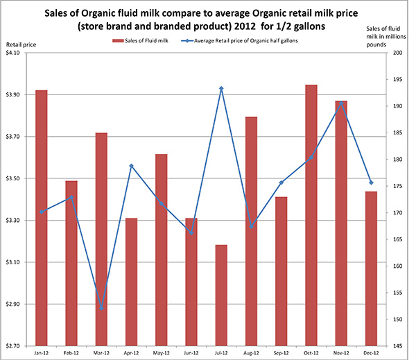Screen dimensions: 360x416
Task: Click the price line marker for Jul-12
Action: [x=221, y=89]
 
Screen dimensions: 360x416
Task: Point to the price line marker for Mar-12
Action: [x=102, y=308]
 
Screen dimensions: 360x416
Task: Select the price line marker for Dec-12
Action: [x=371, y=182]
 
